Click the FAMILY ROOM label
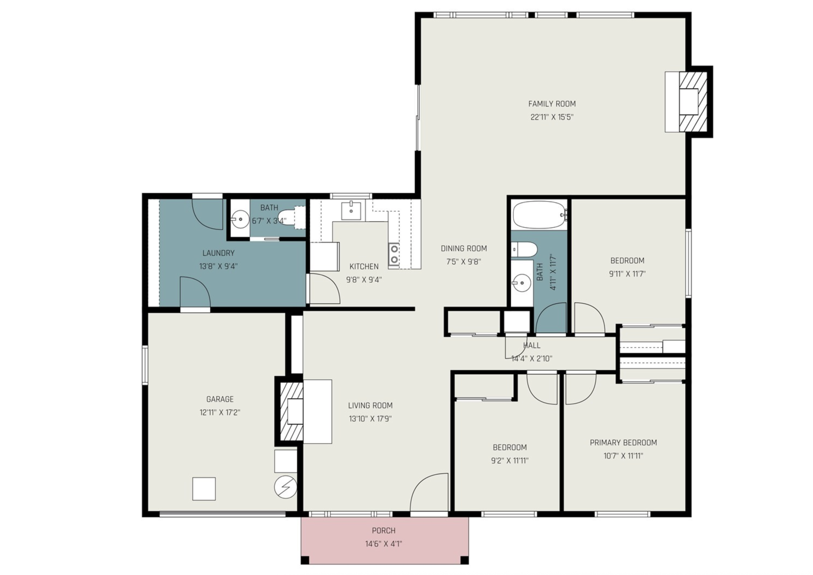(551, 104)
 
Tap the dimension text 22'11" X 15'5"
(551, 117)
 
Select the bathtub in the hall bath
(539, 215)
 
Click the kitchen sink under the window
(351, 211)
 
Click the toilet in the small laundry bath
(291, 217)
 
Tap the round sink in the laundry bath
(240, 219)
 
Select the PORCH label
(383, 531)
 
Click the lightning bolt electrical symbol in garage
(286, 487)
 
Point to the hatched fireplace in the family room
(693, 102)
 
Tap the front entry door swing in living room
(429, 493)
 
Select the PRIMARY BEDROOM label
(623, 443)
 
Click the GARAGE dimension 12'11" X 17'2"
(220, 412)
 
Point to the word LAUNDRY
(218, 253)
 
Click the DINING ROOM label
(463, 249)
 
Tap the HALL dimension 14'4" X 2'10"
(531, 358)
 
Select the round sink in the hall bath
(522, 283)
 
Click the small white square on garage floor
(204, 489)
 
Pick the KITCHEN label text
(364, 266)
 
